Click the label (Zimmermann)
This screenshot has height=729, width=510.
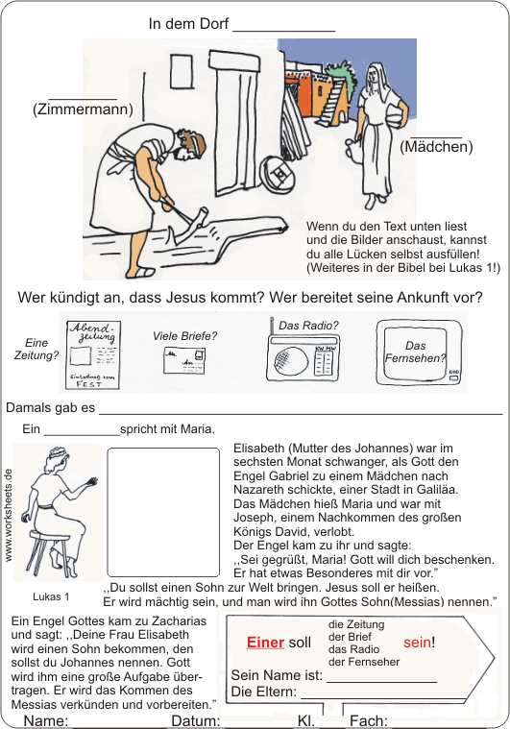tap(83, 109)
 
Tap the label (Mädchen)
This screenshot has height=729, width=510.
tap(436, 147)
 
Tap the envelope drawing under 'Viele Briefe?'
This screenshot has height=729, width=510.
tap(184, 360)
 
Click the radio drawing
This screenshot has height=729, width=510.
tap(301, 359)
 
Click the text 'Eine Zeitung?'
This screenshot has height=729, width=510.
tap(36, 349)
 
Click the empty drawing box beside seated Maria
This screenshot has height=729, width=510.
tap(162, 511)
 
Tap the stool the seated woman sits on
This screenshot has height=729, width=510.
tap(44, 551)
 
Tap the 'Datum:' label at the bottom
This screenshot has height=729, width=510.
tap(196, 720)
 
